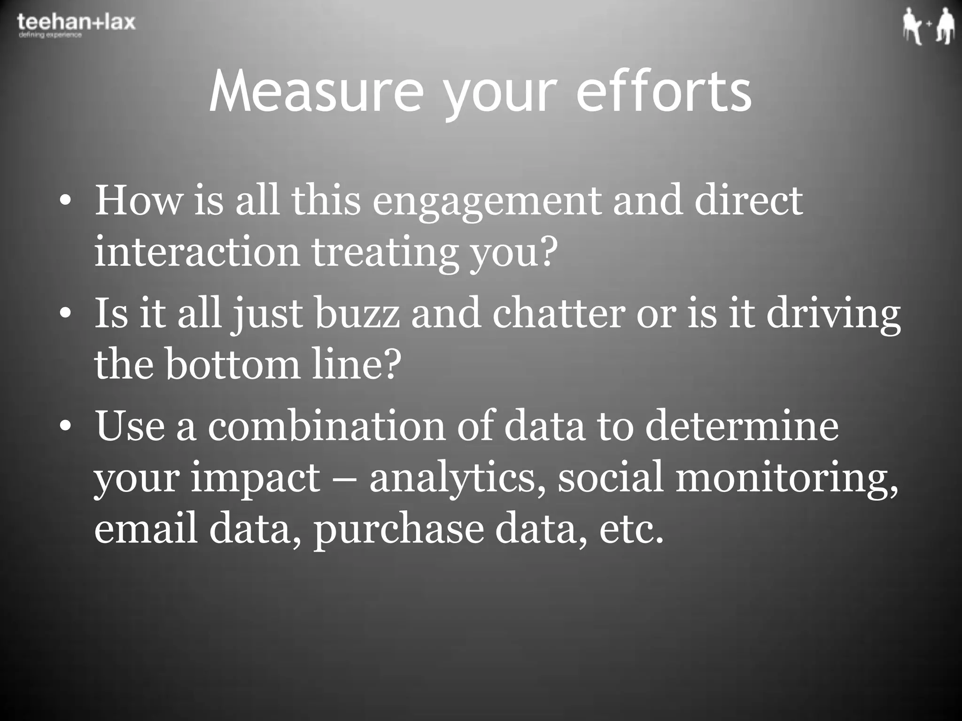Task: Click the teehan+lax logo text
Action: pyautogui.click(x=76, y=22)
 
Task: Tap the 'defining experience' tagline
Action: pyautogui.click(x=50, y=36)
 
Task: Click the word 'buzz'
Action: pyautogui.click(x=357, y=314)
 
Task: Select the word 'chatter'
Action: pyautogui.click(x=559, y=314)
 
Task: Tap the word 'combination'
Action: pyautogui.click(x=326, y=426)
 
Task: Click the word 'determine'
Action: pyautogui.click(x=741, y=426)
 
